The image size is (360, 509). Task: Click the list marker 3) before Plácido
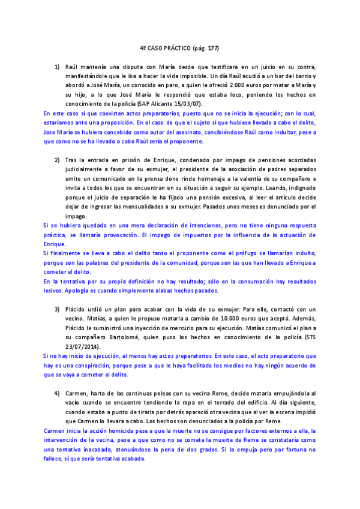pos(57,308)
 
